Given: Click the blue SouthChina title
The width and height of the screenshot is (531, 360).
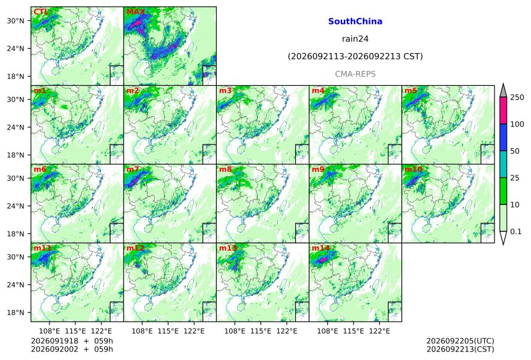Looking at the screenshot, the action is [x=355, y=22].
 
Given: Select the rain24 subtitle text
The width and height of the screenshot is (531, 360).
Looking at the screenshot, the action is [x=355, y=39].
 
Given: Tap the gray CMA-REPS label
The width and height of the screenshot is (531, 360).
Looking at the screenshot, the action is [x=355, y=74].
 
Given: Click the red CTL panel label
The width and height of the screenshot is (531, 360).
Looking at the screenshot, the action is [x=41, y=12].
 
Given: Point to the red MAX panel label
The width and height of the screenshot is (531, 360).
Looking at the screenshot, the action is [x=135, y=12].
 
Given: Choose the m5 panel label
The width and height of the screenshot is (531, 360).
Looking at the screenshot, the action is [x=411, y=91].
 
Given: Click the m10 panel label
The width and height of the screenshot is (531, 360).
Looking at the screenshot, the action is [x=413, y=169].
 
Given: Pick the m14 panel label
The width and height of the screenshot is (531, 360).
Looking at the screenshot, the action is [x=320, y=248].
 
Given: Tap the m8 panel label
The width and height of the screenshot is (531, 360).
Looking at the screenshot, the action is [x=225, y=169].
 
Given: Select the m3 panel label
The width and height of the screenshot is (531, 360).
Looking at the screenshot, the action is [x=225, y=91].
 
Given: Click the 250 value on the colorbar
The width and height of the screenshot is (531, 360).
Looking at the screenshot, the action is [x=517, y=98].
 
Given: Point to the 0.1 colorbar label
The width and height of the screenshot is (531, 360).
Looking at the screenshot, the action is [x=516, y=232].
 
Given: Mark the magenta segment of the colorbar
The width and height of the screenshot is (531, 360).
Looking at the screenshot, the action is [x=503, y=111].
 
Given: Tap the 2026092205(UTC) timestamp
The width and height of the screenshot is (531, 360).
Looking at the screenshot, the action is [x=460, y=341].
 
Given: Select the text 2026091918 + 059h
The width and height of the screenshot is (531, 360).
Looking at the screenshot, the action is [x=72, y=341].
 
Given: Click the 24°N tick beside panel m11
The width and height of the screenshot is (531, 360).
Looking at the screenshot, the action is [x=16, y=285].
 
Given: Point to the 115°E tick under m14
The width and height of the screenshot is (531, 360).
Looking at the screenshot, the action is [x=354, y=331].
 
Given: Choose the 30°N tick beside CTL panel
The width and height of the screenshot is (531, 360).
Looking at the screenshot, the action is [x=16, y=20].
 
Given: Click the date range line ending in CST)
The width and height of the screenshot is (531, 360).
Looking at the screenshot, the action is [x=355, y=56].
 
